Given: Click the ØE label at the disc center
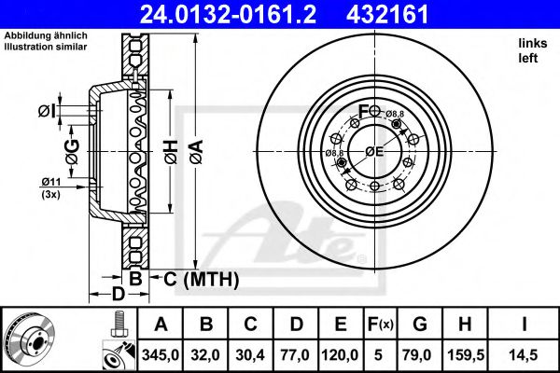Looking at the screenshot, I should coord(374,152).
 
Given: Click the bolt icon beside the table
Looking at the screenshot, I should coord(117,327).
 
